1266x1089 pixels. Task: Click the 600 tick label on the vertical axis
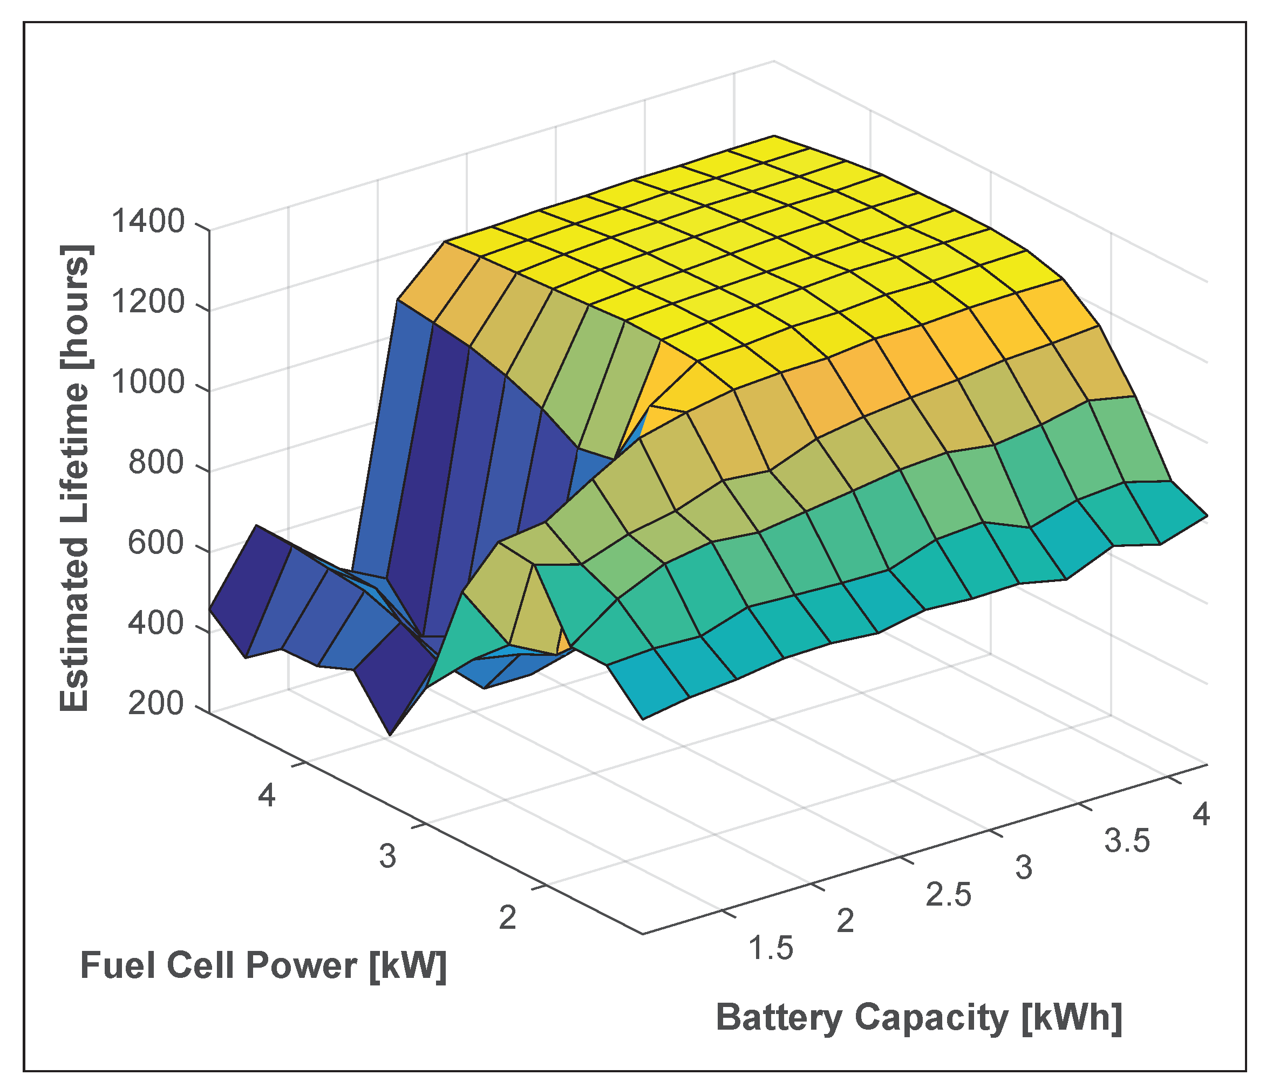156,544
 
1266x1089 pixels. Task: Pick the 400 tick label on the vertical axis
156,625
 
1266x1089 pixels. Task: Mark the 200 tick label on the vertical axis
156,706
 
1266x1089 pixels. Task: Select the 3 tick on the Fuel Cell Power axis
387,857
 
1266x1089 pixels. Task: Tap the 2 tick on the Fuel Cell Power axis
508,917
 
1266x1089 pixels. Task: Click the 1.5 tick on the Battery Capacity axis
771,949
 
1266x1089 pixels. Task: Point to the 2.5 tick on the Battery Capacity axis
948,895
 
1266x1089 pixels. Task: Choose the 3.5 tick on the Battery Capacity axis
1127,841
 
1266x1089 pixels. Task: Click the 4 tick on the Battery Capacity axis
1201,815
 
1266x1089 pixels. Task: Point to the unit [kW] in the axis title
407,966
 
